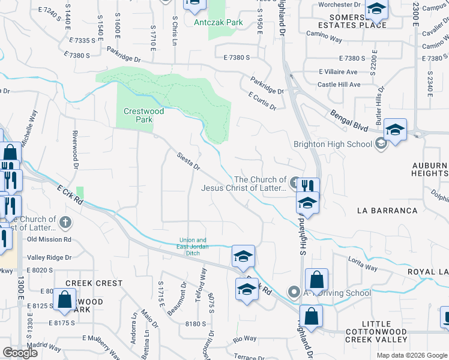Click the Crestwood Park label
pyautogui.click(x=138, y=115)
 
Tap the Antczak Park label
pyautogui.click(x=218, y=22)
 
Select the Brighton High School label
pyautogui.click(x=333, y=144)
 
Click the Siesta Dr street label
pyautogui.click(x=188, y=160)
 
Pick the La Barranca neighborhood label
pyautogui.click(x=387, y=211)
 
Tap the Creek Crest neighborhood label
pyautogui.click(x=94, y=283)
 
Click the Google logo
pyautogui.click(x=20, y=352)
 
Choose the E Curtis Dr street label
pyautogui.click(x=262, y=101)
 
